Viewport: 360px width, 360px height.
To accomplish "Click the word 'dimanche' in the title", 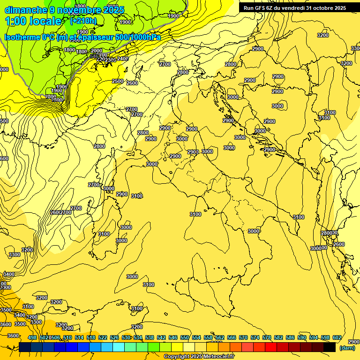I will click(24, 10).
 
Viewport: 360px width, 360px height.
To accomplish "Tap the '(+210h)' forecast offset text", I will click(83, 21).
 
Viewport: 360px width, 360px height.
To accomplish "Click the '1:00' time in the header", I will click(15, 21).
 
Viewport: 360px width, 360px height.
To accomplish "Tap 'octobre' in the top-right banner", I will click(321, 8).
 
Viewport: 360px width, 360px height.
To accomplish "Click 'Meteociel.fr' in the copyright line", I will click(215, 357).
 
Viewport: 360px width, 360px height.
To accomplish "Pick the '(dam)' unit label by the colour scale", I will click(347, 347).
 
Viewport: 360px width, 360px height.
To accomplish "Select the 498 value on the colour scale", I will click(32, 337).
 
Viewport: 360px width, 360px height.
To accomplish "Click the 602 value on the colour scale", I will click(337, 337).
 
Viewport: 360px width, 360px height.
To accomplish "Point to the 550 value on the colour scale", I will click(185, 337).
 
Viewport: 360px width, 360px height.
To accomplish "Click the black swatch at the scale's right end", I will click(330, 347).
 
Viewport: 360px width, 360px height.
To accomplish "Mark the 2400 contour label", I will click(123, 59).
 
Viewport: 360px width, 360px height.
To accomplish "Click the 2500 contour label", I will click(118, 81).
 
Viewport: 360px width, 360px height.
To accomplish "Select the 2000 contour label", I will click(97, 51).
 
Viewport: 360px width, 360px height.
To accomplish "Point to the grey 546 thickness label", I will click(95, 56).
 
